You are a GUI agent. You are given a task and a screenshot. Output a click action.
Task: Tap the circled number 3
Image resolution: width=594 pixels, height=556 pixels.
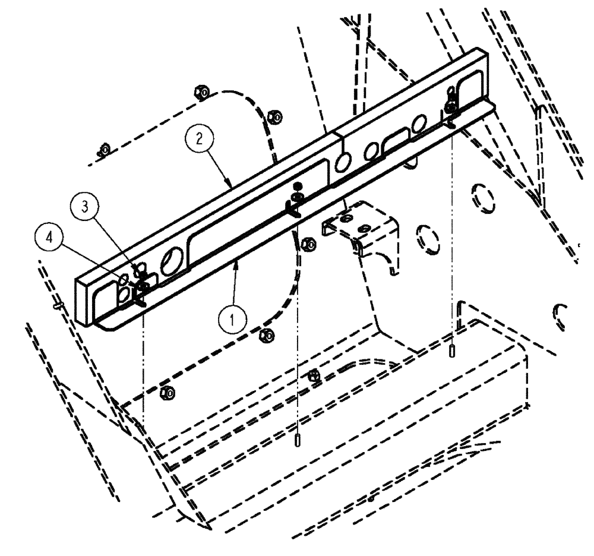click(86, 207)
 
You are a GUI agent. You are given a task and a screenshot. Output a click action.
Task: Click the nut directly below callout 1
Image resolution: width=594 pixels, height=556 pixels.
click(267, 336)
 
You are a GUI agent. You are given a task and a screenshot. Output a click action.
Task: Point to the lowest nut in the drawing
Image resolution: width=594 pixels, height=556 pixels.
click(168, 392)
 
